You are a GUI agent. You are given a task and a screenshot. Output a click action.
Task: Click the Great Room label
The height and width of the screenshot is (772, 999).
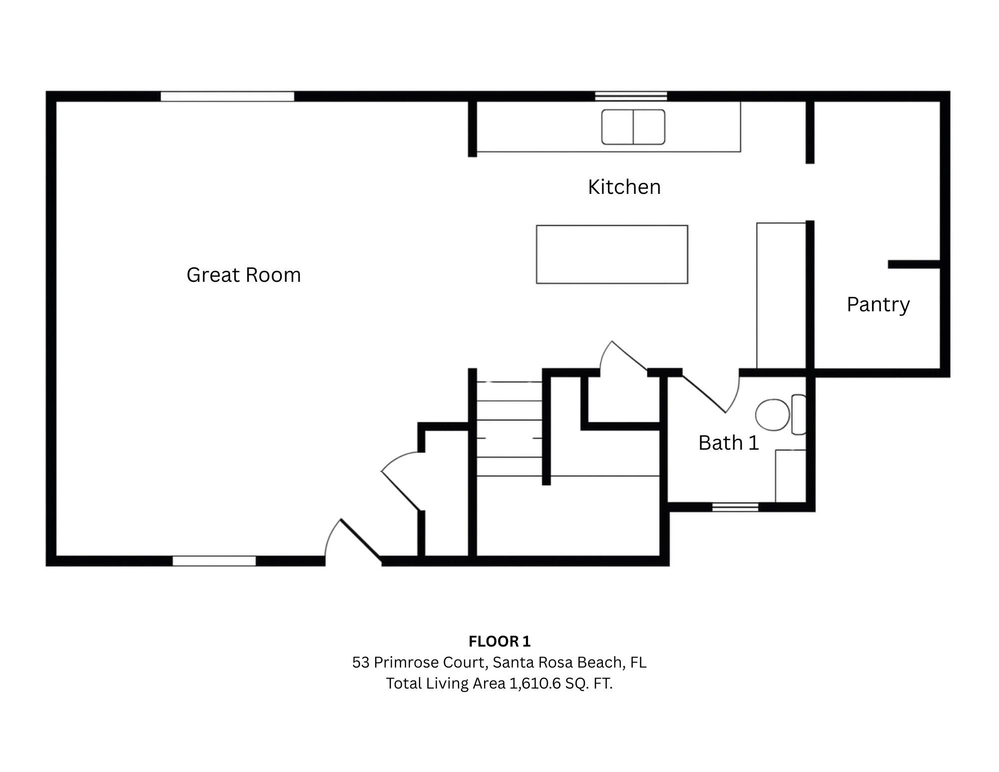[x=243, y=275]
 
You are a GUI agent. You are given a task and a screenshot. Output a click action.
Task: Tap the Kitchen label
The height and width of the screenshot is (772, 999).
[x=624, y=187]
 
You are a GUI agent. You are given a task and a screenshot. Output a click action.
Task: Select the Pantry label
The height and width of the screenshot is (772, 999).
[x=878, y=305]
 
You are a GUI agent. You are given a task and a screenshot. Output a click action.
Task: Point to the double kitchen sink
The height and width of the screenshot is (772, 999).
[x=633, y=127]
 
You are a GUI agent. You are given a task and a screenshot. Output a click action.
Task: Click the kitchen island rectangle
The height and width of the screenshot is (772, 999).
[x=611, y=254]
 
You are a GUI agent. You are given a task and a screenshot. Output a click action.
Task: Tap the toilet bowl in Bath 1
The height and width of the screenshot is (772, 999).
[x=772, y=415]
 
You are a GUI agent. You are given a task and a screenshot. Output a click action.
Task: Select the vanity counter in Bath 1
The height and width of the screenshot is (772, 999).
[x=790, y=476]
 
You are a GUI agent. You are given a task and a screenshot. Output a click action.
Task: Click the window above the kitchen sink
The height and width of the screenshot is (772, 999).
[x=630, y=96]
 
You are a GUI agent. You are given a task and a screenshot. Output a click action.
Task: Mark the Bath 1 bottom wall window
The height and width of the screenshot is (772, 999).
[x=735, y=507]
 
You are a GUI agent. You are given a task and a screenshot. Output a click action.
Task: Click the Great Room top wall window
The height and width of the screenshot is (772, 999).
[x=227, y=96]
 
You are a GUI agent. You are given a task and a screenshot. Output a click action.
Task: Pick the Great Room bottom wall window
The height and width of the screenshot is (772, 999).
[x=214, y=561]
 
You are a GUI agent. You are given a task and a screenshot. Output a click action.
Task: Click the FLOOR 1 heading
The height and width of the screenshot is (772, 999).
[x=499, y=641]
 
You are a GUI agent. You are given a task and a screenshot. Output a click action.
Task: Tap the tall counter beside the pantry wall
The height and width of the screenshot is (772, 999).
[x=781, y=295]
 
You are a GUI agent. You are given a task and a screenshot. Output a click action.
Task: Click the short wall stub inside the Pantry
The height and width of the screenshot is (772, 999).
[x=914, y=264]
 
